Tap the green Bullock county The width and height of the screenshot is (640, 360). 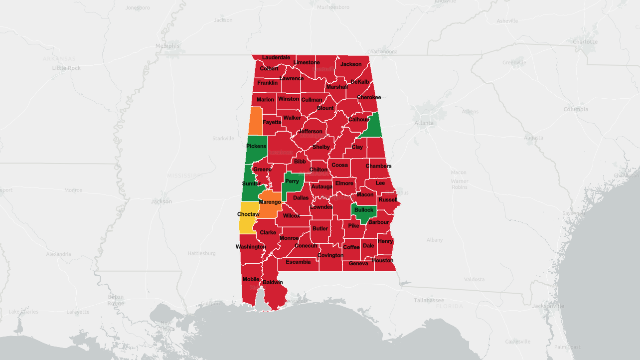pyautogui.click(x=363, y=211)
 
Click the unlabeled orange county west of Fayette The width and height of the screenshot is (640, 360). pyautogui.click(x=255, y=121)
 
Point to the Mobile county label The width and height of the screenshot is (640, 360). pyautogui.click(x=251, y=279)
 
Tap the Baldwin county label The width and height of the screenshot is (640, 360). pyautogui.click(x=273, y=282)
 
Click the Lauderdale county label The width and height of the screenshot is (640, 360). pyautogui.click(x=276, y=57)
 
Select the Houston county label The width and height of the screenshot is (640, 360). pyautogui.click(x=383, y=260)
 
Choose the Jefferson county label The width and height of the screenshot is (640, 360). pyautogui.click(x=311, y=132)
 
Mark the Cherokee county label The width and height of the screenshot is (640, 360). pyautogui.click(x=369, y=97)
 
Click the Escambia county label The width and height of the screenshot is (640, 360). pyautogui.click(x=298, y=262)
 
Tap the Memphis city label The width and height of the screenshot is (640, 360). pyautogui.click(x=167, y=46)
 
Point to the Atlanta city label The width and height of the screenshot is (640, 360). pyautogui.click(x=424, y=123)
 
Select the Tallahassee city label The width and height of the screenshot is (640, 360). pyautogui.click(x=429, y=300)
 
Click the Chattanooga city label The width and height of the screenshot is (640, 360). pyautogui.click(x=382, y=51)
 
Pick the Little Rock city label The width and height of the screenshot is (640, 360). pyautogui.click(x=66, y=68)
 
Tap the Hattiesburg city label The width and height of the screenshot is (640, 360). pyautogui.click(x=201, y=253)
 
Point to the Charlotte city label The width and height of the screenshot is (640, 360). pyautogui.click(x=585, y=41)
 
